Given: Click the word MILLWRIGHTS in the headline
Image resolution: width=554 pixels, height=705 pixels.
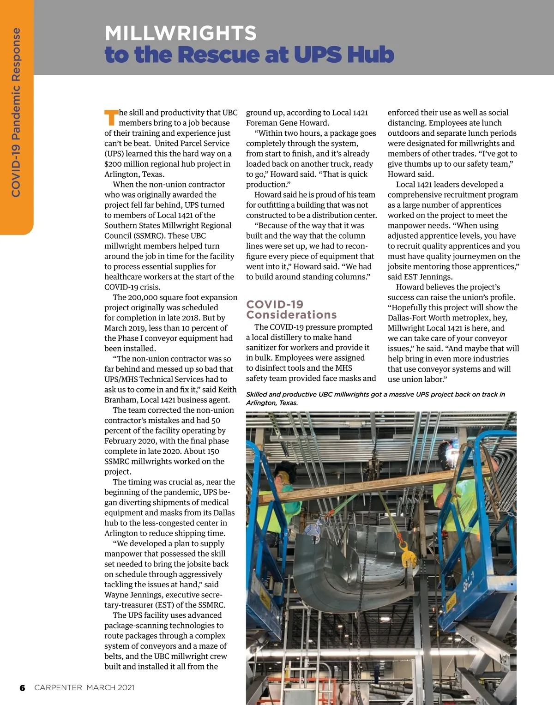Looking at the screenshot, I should pos(181,33).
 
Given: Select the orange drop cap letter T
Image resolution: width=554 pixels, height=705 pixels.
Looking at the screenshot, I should pos(111,118).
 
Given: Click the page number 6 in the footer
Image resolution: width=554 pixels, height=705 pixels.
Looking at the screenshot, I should pos(22,687).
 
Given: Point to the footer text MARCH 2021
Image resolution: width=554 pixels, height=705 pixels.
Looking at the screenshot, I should pos(110,687).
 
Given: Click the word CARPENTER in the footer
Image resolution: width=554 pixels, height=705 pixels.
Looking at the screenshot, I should pos(58,687).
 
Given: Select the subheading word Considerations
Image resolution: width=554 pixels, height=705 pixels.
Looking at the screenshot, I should pos(291,315).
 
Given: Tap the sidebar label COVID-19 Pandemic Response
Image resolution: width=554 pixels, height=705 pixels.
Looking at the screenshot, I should pos(16,112).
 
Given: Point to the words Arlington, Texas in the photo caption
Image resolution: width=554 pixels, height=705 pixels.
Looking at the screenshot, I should pos(272,403).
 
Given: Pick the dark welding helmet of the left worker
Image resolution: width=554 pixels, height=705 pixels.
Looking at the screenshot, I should pos(283,471).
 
